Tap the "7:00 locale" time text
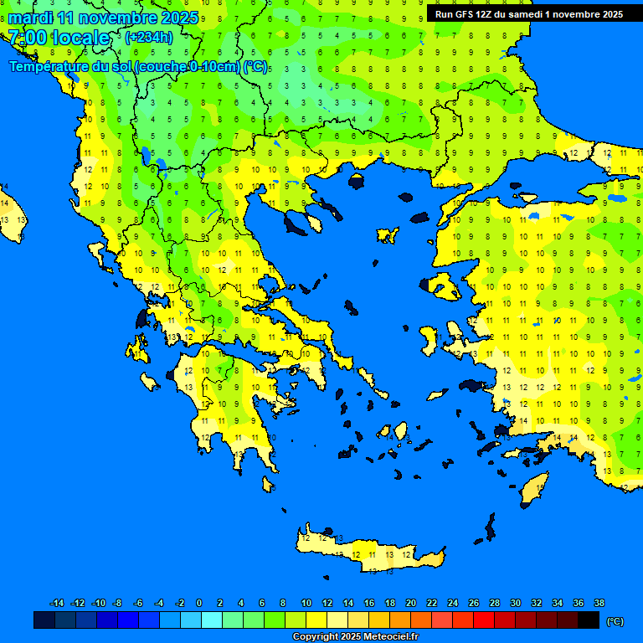[59, 38]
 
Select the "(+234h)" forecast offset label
[149, 37]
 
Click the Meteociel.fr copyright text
[355, 637]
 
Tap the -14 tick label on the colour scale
[57, 603]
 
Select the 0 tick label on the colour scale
[199, 603]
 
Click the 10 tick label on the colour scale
[306, 603]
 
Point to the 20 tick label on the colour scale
[410, 603]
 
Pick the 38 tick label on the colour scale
[599, 603]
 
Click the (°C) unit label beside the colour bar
[615, 620]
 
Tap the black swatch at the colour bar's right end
[589, 620]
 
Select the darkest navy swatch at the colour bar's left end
[44, 620]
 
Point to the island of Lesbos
[442, 287]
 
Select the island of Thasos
[357, 181]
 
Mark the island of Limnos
[388, 235]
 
